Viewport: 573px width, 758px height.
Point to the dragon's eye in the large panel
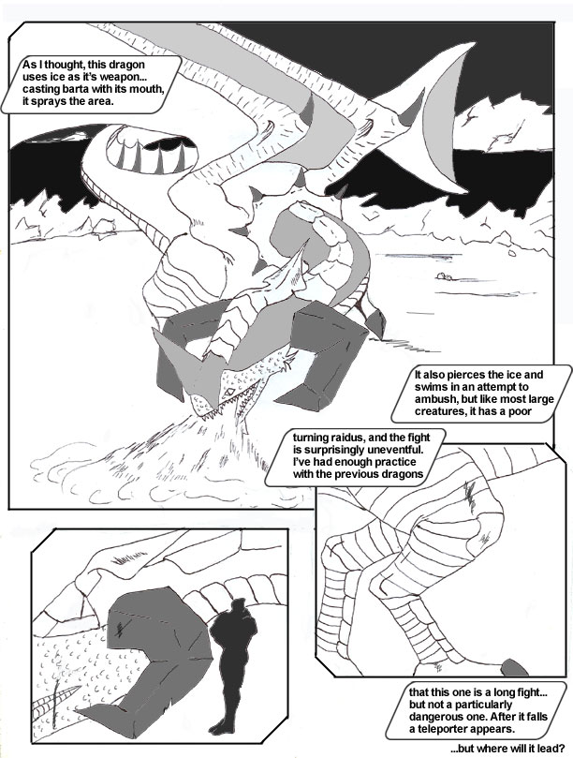click(x=231, y=391)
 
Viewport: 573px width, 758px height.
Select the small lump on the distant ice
click(x=444, y=277)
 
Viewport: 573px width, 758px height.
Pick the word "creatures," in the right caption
click(x=438, y=411)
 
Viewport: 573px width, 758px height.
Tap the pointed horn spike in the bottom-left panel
click(x=59, y=698)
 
